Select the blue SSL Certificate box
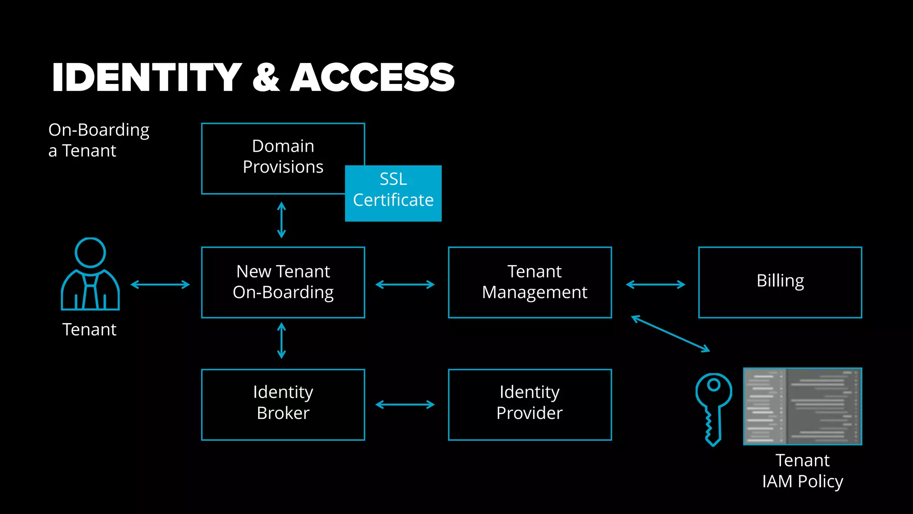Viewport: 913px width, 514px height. coord(393,193)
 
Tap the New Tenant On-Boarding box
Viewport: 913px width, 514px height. coord(283,282)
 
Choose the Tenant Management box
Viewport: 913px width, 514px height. coord(530,282)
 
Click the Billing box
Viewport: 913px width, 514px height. coord(780,282)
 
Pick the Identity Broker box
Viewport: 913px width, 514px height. coord(283,404)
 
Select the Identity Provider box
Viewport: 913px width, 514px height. coord(530,404)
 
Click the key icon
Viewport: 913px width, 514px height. coord(713,408)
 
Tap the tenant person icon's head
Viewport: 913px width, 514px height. coord(90,253)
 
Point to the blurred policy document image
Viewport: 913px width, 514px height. coord(802,406)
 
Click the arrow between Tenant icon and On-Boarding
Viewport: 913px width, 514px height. coord(160,285)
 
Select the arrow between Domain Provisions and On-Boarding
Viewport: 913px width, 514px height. coord(281,220)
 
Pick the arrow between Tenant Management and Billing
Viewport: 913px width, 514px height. coord(655,285)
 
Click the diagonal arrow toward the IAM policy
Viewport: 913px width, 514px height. coord(670,334)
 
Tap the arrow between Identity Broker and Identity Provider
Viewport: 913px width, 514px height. coord(405,405)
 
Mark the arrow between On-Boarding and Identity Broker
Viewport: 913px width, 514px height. coord(281,341)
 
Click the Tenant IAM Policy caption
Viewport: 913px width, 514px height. coord(802,471)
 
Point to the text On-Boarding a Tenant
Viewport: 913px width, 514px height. coord(99,140)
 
